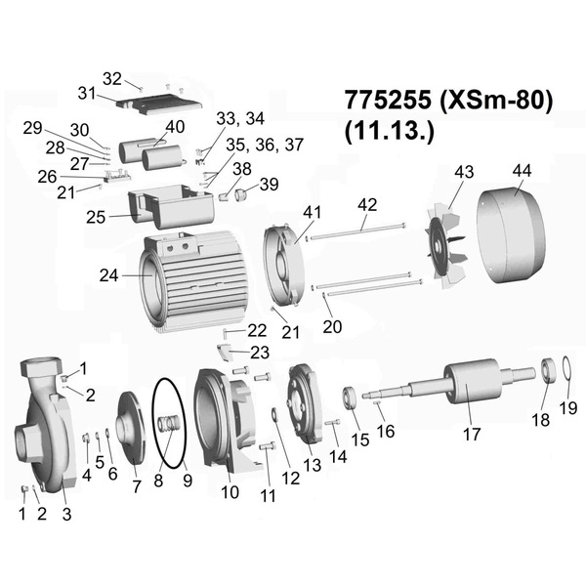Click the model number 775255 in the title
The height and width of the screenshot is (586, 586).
[388, 101]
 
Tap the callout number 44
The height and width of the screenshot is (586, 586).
[523, 171]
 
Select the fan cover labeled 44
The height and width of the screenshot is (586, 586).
[510, 235]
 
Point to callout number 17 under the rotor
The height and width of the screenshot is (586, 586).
[472, 435]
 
